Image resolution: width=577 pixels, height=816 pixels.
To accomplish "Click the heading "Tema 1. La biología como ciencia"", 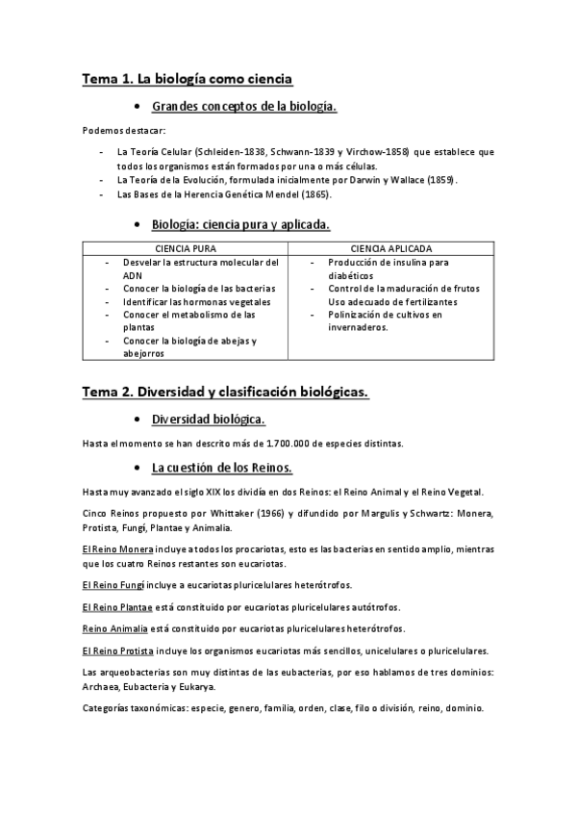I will tap(187, 78).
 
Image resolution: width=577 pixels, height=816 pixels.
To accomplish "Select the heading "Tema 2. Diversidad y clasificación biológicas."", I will tap(225, 392).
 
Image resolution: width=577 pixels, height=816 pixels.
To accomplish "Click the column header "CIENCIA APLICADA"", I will tap(391, 248).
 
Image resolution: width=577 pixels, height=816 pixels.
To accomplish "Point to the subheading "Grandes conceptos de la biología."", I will tap(244, 107).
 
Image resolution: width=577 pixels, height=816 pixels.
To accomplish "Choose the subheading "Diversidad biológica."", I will tap(209, 420).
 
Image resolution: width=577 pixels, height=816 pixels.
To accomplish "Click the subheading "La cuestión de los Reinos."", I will tap(222, 468).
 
